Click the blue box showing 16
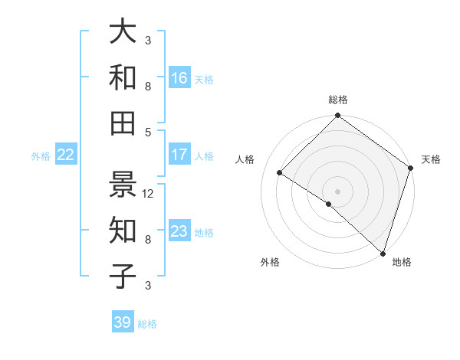click(179, 78)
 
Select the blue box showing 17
click(179, 155)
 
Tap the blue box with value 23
click(179, 231)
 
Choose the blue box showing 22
click(66, 155)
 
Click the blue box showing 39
click(123, 322)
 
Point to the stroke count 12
click(149, 194)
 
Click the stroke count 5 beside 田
click(148, 133)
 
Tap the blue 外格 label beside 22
click(41, 156)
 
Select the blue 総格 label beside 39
click(147, 324)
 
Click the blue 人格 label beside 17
click(204, 155)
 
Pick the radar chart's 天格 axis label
click(431, 159)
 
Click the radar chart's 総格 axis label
click(337, 100)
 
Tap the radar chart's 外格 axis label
click(270, 262)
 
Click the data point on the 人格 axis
click(280, 173)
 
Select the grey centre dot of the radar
click(337, 191)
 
